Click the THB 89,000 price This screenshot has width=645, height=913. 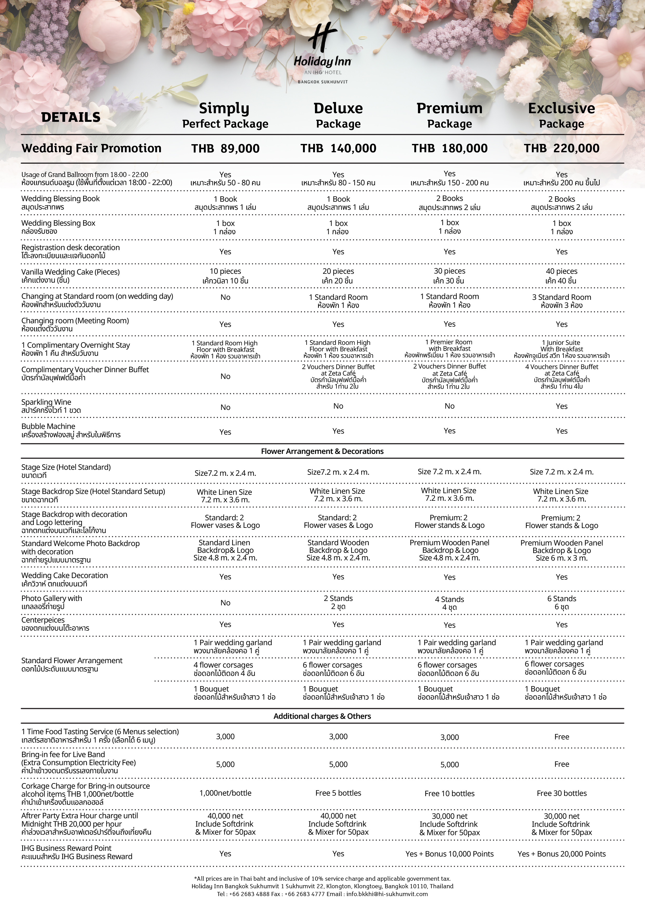point(225,148)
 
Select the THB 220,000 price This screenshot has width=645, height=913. point(561,148)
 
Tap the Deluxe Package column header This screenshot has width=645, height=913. point(338,115)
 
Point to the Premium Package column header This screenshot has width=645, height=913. point(449,115)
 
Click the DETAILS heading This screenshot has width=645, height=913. point(71,117)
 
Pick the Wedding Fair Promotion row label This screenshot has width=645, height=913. point(91,148)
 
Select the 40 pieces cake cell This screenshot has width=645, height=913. point(561,276)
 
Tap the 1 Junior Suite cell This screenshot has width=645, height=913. point(561,349)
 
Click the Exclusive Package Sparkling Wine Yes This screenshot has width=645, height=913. point(561,406)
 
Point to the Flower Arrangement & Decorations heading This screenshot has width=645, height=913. point(322,451)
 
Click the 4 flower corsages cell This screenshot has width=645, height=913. point(224,669)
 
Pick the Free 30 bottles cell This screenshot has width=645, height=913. point(561,793)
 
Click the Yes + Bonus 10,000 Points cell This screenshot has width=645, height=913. point(449,854)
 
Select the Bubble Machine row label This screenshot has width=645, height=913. point(71,430)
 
